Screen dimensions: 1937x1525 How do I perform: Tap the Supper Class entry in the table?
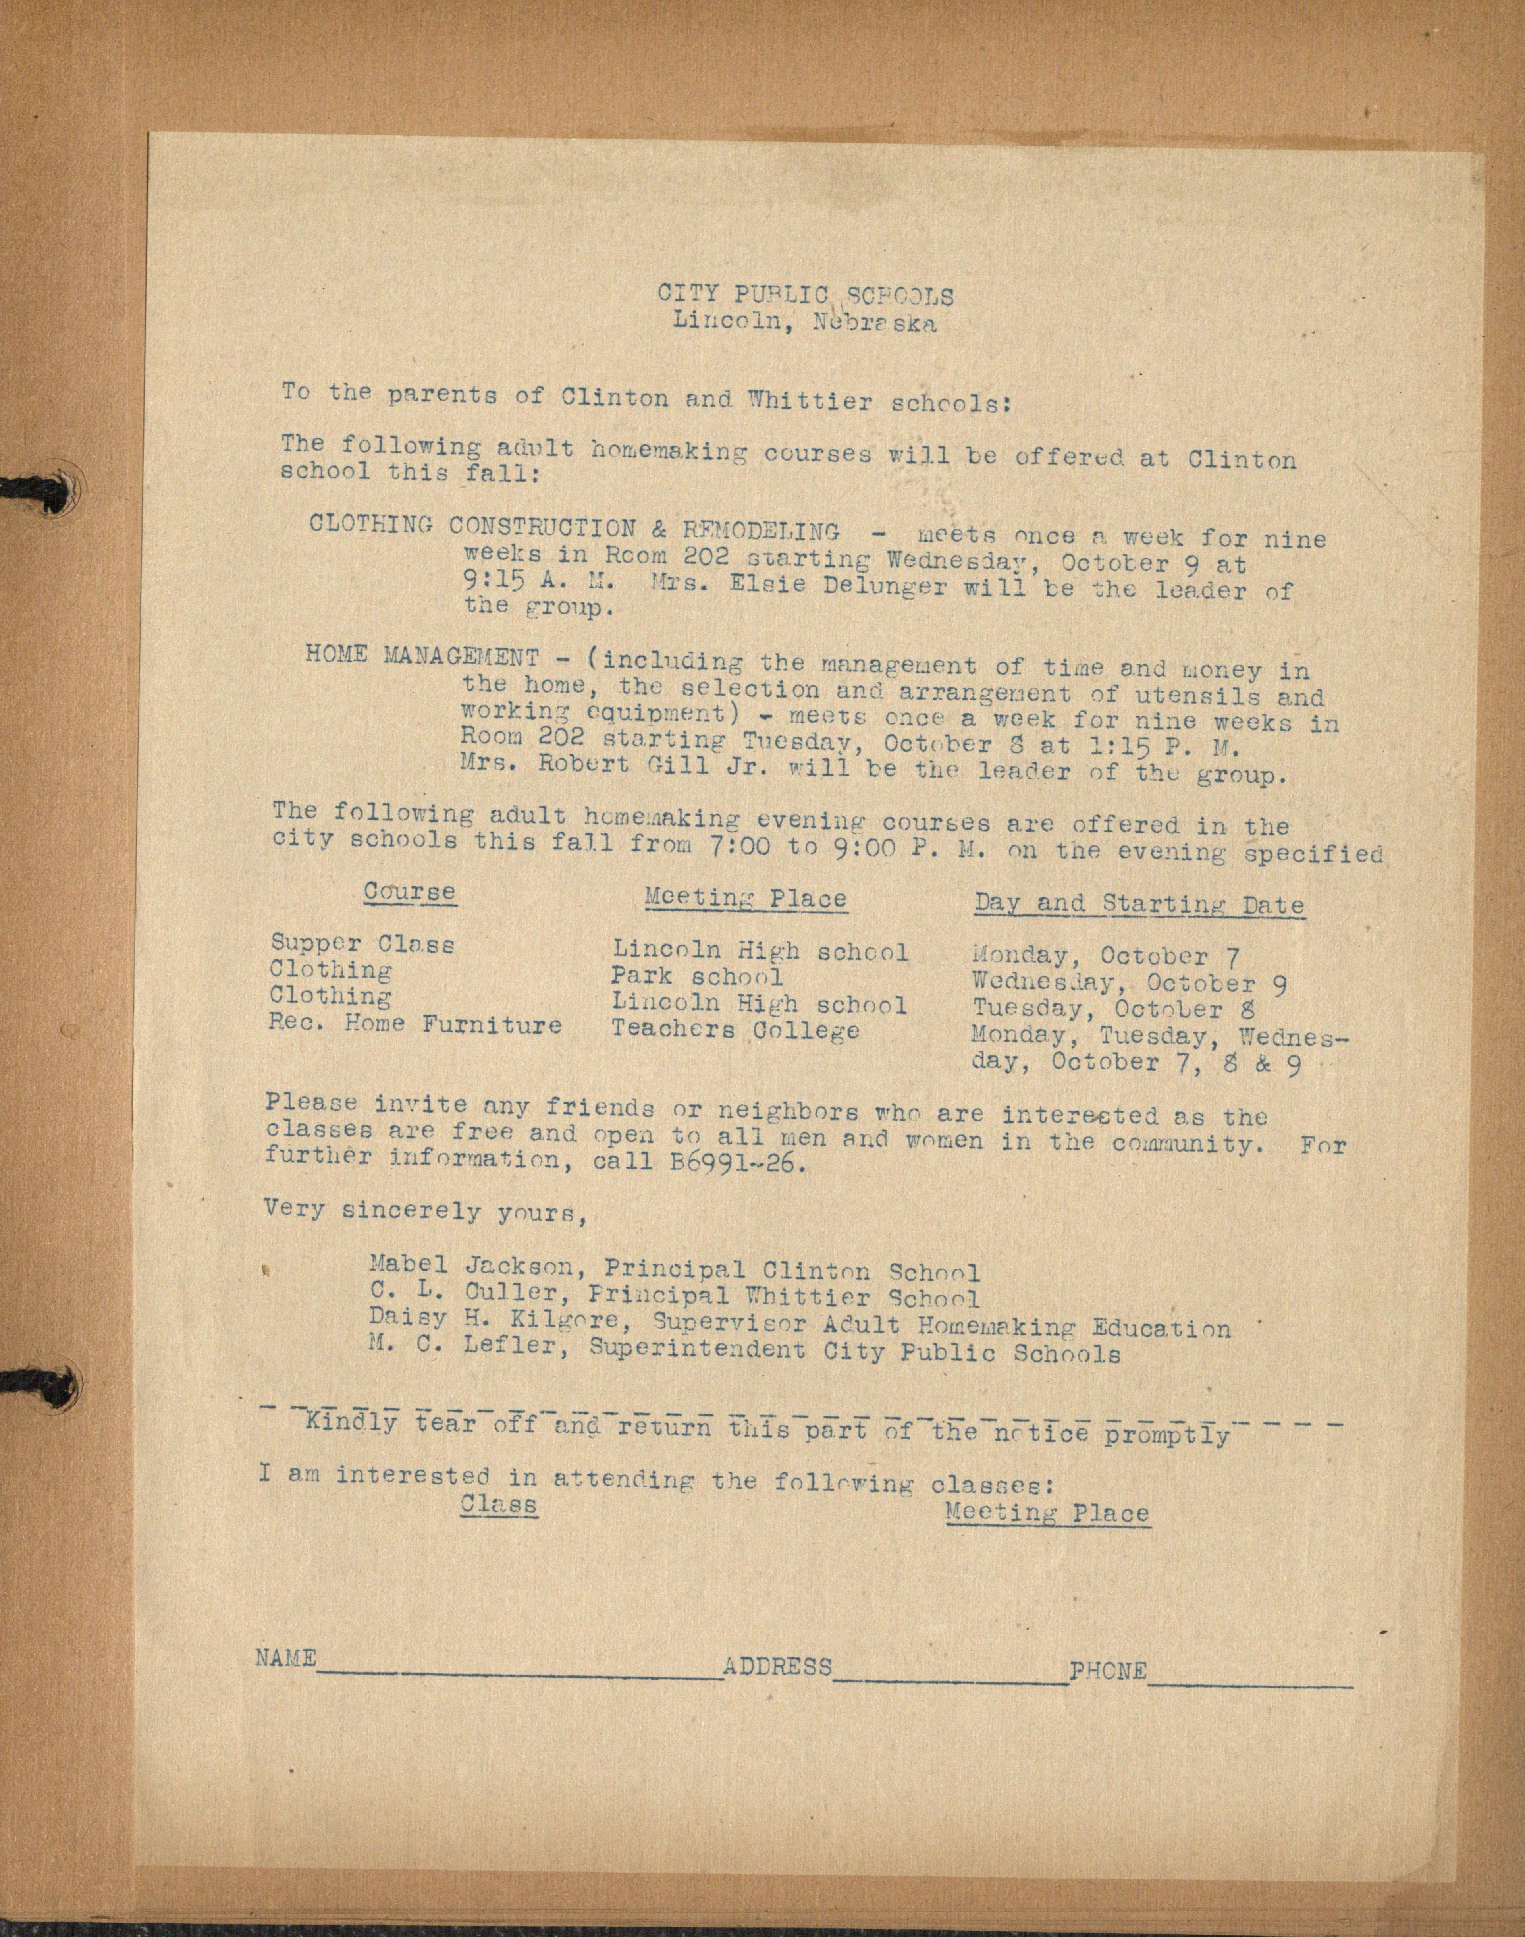click(x=362, y=943)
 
